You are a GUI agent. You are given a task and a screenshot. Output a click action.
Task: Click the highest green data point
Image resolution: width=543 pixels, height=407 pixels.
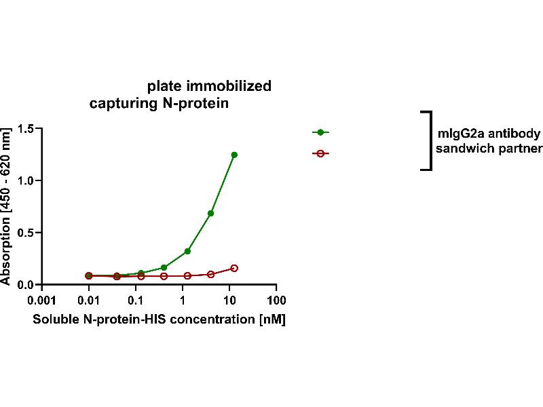pos(234,155)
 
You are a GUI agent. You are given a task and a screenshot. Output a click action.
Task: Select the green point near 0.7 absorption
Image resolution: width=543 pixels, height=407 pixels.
pos(211,213)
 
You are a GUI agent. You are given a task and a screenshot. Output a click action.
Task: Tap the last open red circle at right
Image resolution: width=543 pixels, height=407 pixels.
pos(234,268)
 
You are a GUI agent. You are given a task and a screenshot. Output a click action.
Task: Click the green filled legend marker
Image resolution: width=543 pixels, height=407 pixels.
pos(320,132)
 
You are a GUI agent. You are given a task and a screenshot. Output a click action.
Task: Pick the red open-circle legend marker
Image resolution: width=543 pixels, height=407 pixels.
pos(320,153)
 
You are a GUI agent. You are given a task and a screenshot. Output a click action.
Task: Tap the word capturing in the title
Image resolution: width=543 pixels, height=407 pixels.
pos(119,104)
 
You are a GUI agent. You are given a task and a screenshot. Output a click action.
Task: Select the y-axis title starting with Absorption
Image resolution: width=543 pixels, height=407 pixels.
pos(7,206)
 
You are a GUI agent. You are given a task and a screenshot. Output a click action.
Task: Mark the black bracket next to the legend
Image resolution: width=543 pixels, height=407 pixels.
pos(430,140)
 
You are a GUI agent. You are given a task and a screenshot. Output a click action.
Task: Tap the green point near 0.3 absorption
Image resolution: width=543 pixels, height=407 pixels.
pos(187,251)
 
